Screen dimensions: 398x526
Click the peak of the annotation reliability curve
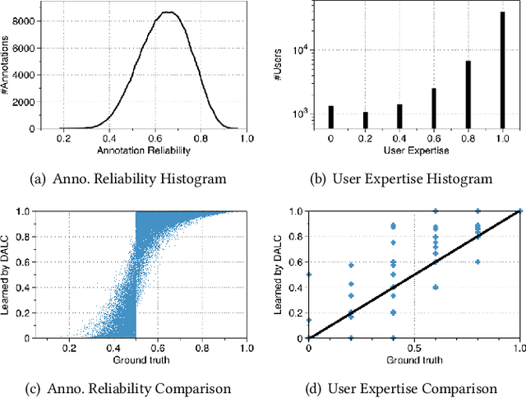[x=167, y=12]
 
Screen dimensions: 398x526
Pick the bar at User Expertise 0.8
[x=468, y=95]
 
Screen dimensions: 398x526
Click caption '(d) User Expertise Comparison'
[x=413, y=388]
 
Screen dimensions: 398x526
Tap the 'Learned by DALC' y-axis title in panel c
[x=16, y=274]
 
